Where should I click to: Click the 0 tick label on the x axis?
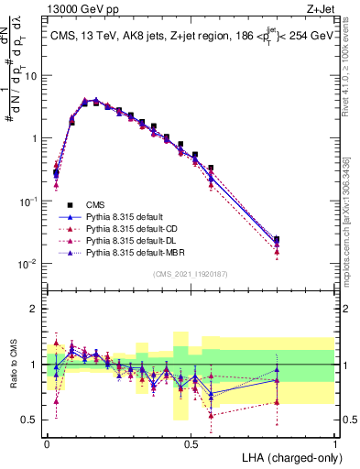tap(47, 442)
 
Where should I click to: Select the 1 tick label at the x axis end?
tap(334, 442)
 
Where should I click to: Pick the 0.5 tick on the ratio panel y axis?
tap(31, 420)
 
